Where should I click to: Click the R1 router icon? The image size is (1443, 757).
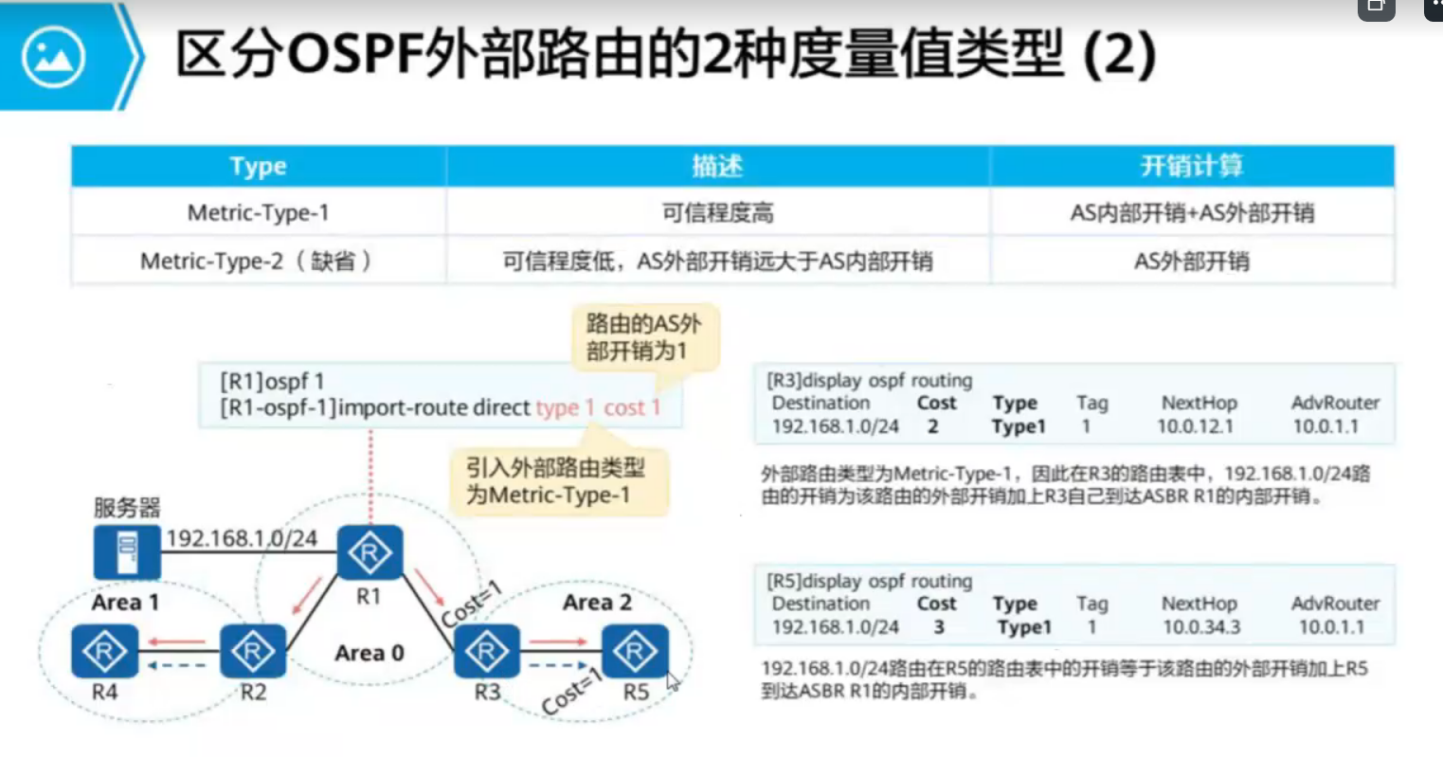point(370,552)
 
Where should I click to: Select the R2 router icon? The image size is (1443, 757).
point(253,651)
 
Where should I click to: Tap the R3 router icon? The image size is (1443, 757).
point(487,651)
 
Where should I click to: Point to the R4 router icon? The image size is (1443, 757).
point(104,651)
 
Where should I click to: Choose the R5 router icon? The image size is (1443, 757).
point(635,651)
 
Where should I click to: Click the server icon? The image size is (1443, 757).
point(127,552)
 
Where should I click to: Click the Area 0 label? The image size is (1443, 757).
point(369,653)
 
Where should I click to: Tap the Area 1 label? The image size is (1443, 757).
point(125,603)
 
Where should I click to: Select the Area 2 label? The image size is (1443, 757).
point(597,603)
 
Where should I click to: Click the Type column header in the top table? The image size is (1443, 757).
point(258,167)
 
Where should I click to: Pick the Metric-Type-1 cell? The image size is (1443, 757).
point(258,213)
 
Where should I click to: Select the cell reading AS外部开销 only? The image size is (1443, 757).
point(1191,261)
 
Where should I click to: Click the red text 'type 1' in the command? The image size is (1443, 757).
point(565,407)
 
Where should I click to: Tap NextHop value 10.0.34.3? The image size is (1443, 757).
point(1200,627)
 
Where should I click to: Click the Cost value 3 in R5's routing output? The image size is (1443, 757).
point(938,627)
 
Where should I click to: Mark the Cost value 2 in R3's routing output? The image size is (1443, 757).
point(932,426)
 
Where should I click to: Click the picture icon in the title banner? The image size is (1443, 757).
point(53,57)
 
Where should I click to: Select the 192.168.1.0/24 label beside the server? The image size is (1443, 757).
point(242,539)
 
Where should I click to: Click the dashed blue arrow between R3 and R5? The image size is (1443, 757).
point(557,665)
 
